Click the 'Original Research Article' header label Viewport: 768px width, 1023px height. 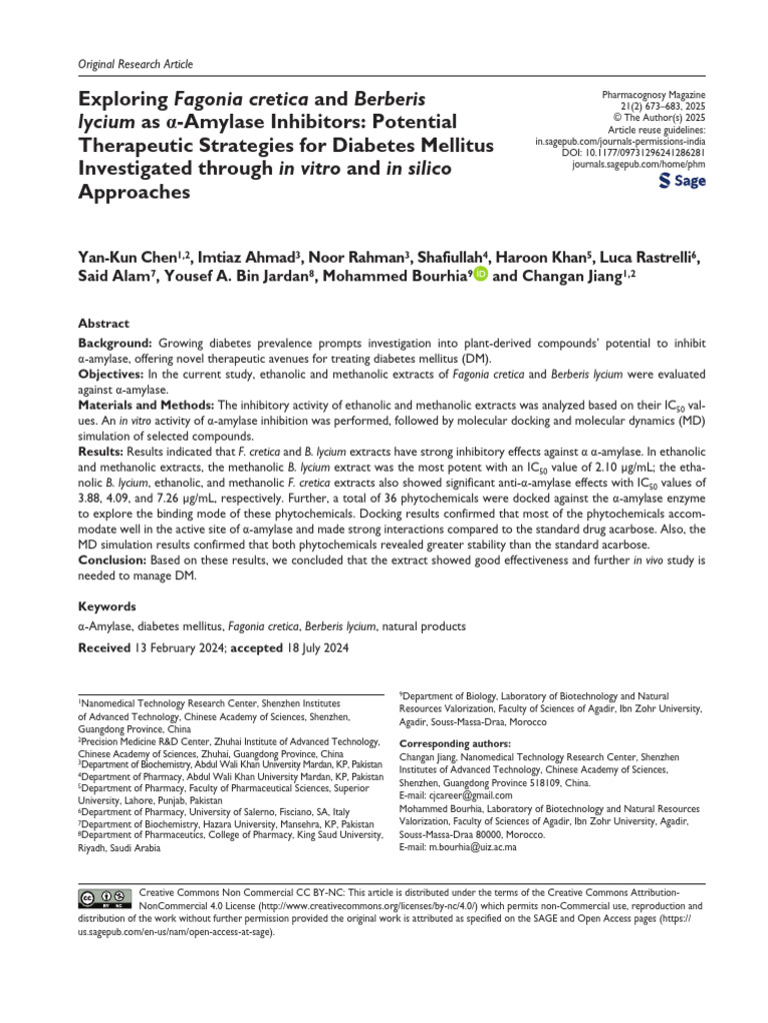click(x=135, y=64)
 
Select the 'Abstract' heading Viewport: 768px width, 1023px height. click(x=103, y=324)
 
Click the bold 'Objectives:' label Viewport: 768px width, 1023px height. click(x=112, y=374)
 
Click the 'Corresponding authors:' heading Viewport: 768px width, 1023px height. click(x=454, y=743)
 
